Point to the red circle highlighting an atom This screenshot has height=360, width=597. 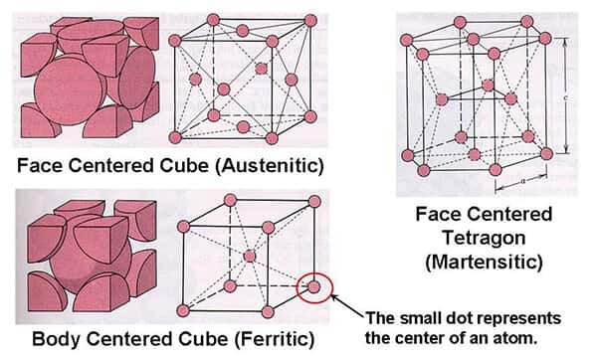pos(315,288)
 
